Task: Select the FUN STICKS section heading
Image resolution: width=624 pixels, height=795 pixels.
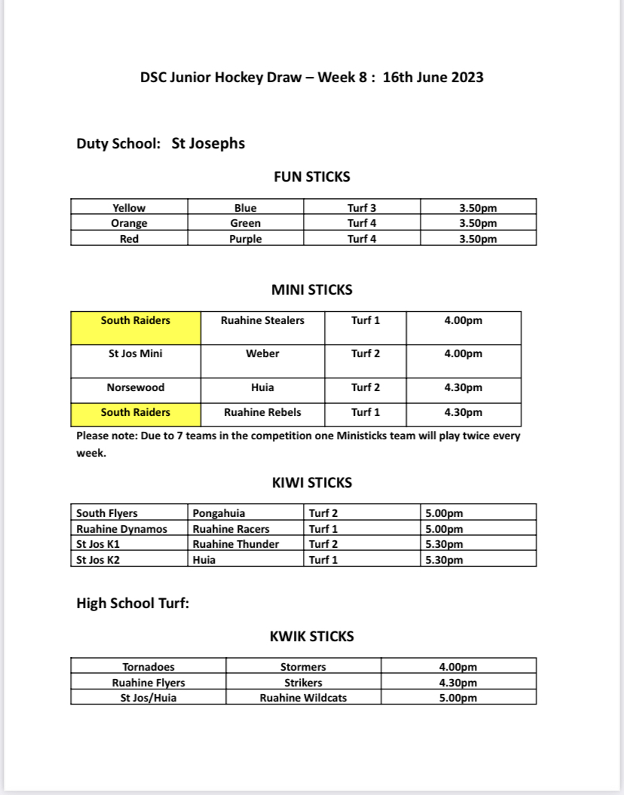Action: pyautogui.click(x=311, y=177)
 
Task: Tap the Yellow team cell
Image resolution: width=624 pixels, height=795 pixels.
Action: pyautogui.click(x=129, y=208)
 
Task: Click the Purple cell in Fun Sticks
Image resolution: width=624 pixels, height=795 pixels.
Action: pyautogui.click(x=246, y=239)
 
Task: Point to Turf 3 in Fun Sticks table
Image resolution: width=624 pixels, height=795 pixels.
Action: pyautogui.click(x=362, y=208)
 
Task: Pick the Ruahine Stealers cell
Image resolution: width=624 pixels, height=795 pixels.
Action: pyautogui.click(x=262, y=320)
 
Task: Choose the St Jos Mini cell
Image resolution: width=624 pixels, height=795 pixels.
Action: pyautogui.click(x=136, y=353)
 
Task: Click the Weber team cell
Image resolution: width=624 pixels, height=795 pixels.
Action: pyautogui.click(x=262, y=353)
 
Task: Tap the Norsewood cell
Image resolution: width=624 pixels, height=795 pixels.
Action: pyautogui.click(x=136, y=387)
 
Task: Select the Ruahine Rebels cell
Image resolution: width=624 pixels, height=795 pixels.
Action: pyautogui.click(x=262, y=412)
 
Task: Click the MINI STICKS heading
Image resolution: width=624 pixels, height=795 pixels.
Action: pyautogui.click(x=311, y=289)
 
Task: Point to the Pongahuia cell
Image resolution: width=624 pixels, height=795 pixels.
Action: pyautogui.click(x=219, y=513)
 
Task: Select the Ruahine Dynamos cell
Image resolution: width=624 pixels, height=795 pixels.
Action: pyautogui.click(x=122, y=529)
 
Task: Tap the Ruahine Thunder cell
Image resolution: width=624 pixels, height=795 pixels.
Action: pyautogui.click(x=236, y=544)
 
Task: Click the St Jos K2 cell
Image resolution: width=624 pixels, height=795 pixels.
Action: pyautogui.click(x=98, y=560)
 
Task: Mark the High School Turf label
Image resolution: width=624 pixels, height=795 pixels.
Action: pyautogui.click(x=133, y=603)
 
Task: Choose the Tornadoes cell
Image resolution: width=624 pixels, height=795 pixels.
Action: pyautogui.click(x=148, y=667)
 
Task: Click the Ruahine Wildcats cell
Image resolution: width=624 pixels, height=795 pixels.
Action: pyautogui.click(x=303, y=698)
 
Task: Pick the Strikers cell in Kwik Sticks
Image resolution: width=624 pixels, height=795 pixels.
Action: pyautogui.click(x=303, y=683)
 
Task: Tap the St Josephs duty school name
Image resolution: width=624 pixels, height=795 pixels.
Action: pyautogui.click(x=208, y=143)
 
